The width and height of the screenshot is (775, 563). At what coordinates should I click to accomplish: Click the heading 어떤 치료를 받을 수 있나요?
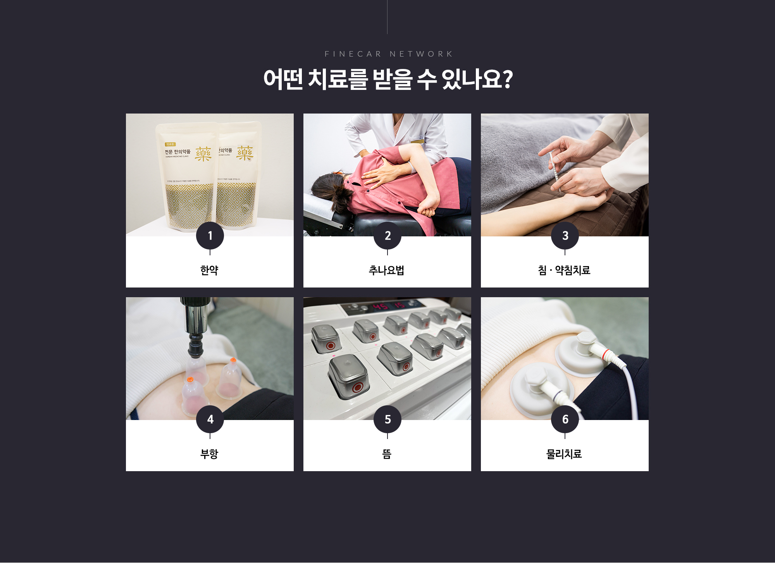pos(388,79)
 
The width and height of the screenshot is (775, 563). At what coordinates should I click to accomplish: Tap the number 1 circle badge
pos(210,236)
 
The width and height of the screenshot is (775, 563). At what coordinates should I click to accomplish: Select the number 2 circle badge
pos(387,236)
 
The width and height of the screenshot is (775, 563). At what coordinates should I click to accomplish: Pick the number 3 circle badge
pos(565,236)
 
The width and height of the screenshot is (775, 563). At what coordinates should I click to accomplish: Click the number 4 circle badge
pos(210,419)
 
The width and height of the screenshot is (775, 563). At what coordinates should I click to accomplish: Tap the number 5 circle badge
pos(387,419)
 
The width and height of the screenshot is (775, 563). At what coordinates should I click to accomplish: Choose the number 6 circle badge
pos(565,419)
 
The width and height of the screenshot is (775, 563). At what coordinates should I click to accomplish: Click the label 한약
pos(210,270)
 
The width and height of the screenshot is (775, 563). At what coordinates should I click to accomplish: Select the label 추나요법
pos(387,270)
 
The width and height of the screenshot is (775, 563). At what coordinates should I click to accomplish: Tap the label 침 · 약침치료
pos(564,270)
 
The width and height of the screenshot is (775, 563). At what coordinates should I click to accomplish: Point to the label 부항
pos(210,454)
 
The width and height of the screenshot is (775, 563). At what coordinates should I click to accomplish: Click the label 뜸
pos(387,454)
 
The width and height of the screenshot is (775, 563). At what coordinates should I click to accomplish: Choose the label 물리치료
pos(564,454)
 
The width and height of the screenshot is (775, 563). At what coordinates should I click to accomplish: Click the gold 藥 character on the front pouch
pos(203,154)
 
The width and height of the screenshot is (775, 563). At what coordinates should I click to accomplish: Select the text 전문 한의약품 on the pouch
pos(178,152)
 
